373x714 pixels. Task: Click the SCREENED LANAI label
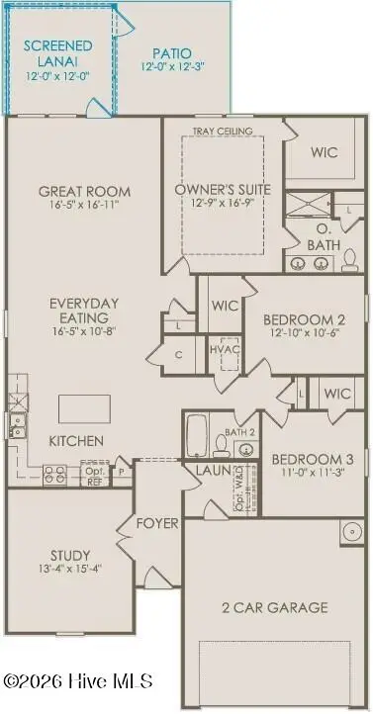[x=58, y=53]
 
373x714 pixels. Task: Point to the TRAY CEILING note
[x=223, y=131]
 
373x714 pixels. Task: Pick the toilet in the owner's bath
[x=349, y=260]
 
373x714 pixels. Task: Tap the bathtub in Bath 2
[x=197, y=433]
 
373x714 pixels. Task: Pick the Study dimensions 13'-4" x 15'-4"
[x=70, y=569]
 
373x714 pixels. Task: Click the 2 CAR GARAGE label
[x=276, y=606]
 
